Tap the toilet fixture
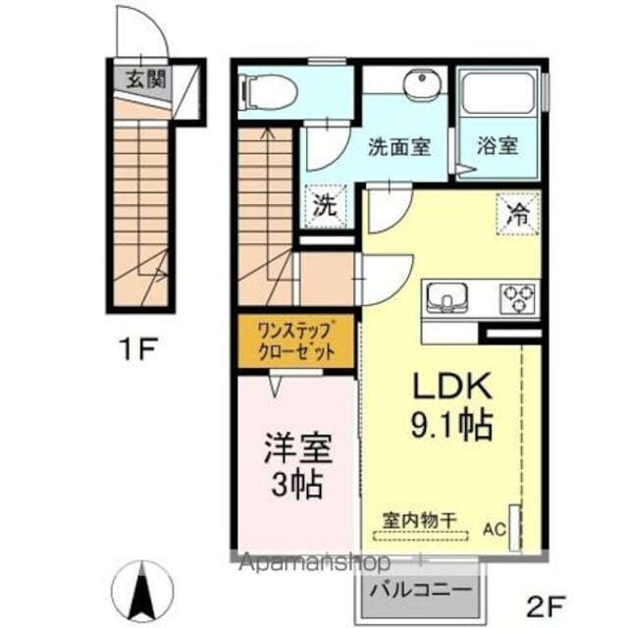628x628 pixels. click(268, 91)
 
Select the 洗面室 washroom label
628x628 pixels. click(398, 147)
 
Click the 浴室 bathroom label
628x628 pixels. click(497, 147)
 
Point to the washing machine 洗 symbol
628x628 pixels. click(324, 206)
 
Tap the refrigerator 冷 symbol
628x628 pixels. click(517, 213)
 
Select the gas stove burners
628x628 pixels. click(518, 295)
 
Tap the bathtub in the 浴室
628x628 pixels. click(499, 95)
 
